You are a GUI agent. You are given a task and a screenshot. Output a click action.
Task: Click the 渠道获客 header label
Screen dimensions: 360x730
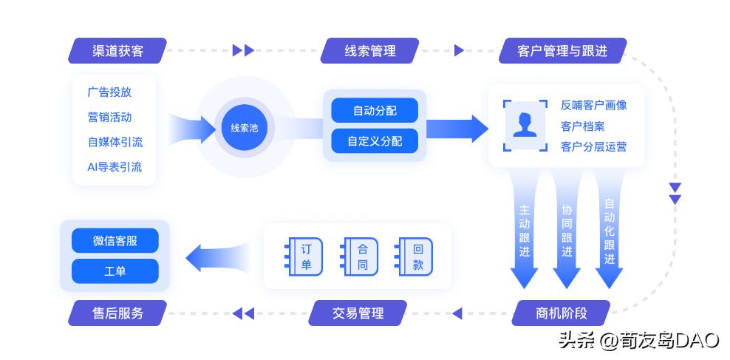[118, 51]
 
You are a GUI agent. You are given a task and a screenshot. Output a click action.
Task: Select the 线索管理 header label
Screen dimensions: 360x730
[369, 51]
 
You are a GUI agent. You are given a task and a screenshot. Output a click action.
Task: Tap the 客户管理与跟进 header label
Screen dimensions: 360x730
[562, 51]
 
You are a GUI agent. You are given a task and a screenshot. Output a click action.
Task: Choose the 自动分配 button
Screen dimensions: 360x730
[375, 111]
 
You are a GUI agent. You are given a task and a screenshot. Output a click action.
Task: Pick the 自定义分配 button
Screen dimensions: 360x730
[375, 140]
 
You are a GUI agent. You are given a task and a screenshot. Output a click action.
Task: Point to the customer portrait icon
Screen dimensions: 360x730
[525, 125]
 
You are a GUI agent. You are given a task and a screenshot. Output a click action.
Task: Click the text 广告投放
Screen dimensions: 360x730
[109, 92]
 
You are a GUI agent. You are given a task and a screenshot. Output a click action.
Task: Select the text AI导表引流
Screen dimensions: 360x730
[115, 167]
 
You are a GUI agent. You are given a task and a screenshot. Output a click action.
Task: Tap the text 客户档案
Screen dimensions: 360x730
[582, 126]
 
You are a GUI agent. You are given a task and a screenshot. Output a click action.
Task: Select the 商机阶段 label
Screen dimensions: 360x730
[562, 313]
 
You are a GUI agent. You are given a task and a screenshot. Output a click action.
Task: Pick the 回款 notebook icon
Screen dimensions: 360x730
[415, 257]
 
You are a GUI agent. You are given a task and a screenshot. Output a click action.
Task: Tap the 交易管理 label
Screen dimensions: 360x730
[358, 313]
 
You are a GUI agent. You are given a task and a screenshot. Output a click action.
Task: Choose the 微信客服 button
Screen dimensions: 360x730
[115, 241]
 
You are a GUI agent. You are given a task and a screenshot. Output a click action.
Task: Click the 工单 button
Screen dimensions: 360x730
[115, 271]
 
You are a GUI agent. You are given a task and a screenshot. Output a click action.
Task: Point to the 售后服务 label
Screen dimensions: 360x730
[118, 313]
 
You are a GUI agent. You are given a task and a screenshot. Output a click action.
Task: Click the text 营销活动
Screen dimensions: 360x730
[109, 118]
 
